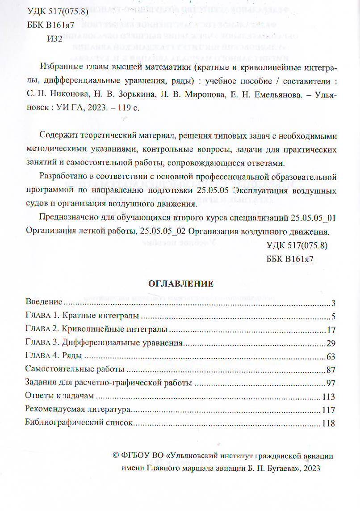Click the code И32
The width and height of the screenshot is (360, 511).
(x=55, y=39)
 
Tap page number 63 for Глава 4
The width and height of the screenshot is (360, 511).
(x=330, y=357)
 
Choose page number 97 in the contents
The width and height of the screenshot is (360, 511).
(x=330, y=384)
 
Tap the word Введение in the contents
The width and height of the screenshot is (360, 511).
(x=44, y=303)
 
